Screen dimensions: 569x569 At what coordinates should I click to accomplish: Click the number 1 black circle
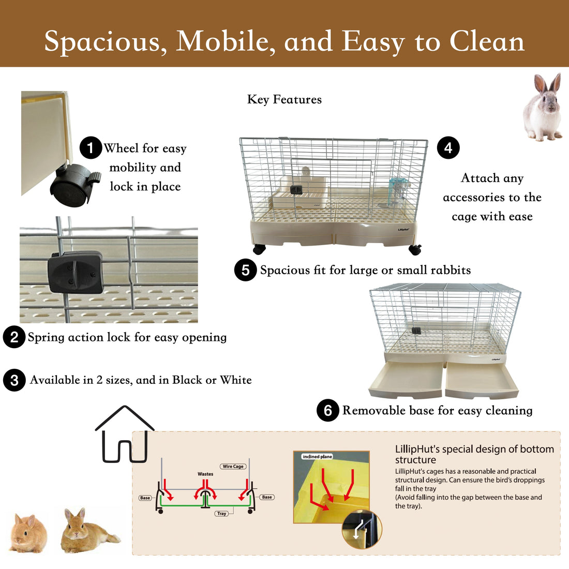(x=91, y=148)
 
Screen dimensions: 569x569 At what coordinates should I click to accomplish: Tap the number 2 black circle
(x=14, y=337)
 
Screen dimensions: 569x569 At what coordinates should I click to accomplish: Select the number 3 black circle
(x=14, y=380)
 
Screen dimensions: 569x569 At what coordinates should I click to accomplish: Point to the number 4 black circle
(x=448, y=148)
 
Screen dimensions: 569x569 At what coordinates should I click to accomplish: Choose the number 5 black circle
(x=245, y=270)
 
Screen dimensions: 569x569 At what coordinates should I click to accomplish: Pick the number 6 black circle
(x=327, y=411)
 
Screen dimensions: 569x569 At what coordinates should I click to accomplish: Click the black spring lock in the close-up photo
(x=76, y=272)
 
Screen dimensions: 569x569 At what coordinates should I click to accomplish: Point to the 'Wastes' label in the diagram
(x=205, y=474)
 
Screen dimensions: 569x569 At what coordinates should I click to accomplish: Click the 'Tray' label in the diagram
(x=222, y=514)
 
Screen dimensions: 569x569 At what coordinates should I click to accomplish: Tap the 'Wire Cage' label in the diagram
(x=233, y=466)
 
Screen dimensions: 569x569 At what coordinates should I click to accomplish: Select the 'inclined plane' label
(x=318, y=457)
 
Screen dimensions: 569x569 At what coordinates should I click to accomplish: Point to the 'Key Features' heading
(x=284, y=99)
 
